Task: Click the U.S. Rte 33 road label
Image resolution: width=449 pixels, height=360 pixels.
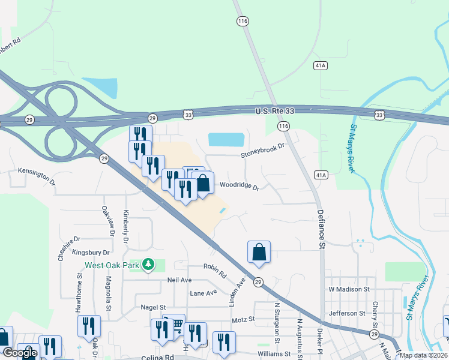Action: point(276,111)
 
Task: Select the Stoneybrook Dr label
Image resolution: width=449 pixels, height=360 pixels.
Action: point(262,149)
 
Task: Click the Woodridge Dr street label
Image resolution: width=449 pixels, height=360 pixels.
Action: point(240,186)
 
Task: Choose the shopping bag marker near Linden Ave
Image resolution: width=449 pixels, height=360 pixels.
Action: point(259,253)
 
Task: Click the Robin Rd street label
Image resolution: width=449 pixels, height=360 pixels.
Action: point(214,271)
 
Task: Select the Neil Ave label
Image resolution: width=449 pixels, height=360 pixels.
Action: point(179,280)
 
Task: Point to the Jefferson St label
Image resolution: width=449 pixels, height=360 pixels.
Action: point(347,313)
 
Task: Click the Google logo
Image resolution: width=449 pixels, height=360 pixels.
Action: point(20,353)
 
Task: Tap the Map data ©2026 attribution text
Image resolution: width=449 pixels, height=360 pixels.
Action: point(423,355)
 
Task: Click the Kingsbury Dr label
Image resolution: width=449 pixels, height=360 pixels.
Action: point(91,253)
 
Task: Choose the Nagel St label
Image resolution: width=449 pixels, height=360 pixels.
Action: point(153,307)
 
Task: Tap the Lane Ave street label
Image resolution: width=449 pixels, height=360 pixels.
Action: point(203,293)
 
